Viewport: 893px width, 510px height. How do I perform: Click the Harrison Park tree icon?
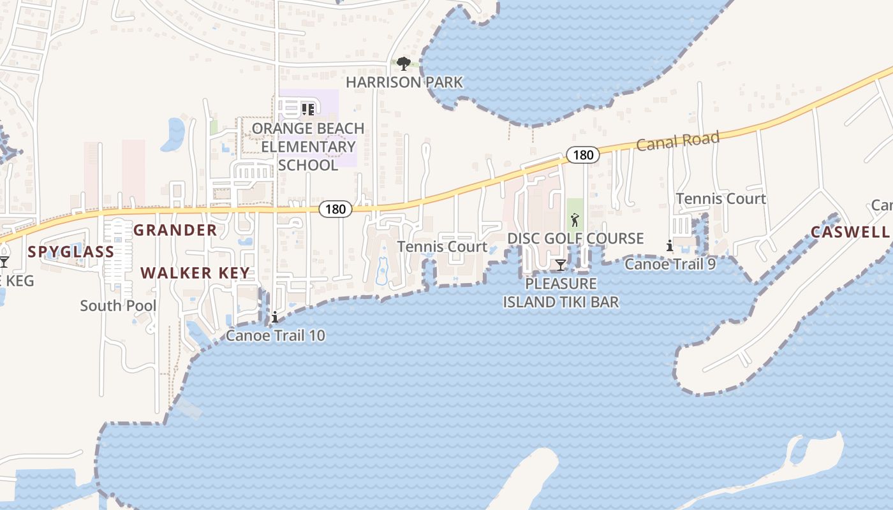tap(403, 63)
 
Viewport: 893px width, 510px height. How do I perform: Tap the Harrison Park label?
tap(404, 82)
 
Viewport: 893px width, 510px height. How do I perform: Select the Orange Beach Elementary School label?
tap(308, 147)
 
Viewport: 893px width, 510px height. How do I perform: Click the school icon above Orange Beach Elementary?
tap(308, 110)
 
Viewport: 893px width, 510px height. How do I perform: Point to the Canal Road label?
tap(678, 141)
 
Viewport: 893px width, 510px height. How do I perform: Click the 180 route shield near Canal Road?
tap(582, 155)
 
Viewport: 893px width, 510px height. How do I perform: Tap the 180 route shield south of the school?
tap(335, 208)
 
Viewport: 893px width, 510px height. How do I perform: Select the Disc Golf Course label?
tap(575, 238)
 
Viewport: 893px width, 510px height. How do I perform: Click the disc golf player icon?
tap(575, 221)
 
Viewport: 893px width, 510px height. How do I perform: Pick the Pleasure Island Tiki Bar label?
tap(561, 293)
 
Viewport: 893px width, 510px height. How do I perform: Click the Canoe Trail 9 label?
tap(670, 263)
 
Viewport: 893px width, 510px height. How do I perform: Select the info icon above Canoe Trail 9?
tap(669, 245)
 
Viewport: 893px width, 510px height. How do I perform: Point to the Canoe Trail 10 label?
tap(276, 335)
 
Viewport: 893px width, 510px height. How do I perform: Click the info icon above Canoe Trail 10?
tap(275, 317)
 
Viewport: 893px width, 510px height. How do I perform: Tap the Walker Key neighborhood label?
tap(195, 273)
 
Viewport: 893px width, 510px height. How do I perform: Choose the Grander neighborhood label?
tap(175, 230)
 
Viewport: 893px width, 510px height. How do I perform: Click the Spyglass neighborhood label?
tap(71, 252)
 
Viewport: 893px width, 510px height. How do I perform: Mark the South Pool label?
tap(118, 305)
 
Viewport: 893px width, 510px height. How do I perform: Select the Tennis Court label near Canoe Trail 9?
tap(721, 199)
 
